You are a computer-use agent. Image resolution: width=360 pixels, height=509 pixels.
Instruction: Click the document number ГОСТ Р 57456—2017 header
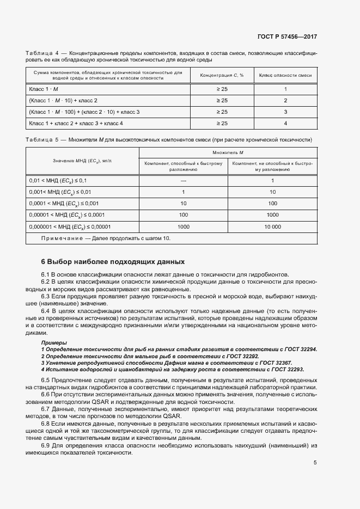(x=286, y=37)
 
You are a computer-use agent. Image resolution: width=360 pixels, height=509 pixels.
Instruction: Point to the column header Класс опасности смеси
(x=285, y=75)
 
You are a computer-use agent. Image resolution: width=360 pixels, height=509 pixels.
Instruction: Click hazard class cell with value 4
(x=285, y=124)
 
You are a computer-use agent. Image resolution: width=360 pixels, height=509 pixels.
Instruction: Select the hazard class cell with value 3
(x=285, y=112)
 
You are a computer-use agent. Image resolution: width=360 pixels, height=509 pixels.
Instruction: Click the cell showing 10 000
(x=272, y=226)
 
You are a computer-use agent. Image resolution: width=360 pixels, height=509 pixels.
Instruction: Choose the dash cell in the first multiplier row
(x=184, y=180)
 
